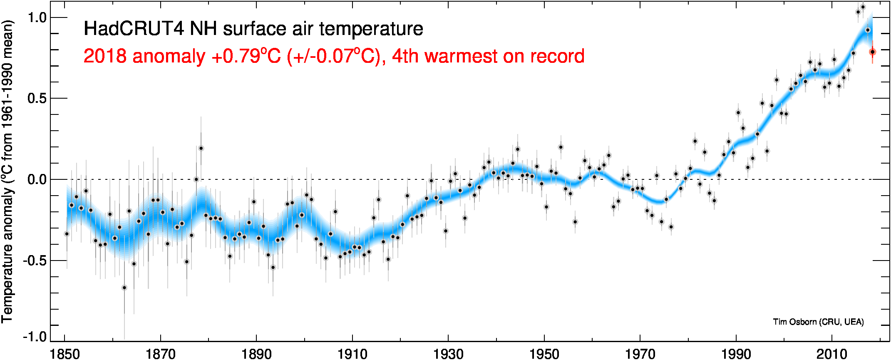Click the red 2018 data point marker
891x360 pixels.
(x=872, y=52)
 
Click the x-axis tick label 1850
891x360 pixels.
(x=65, y=354)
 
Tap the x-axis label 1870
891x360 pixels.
(x=161, y=354)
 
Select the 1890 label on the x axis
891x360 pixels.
(x=256, y=354)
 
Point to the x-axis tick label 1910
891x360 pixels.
(x=352, y=354)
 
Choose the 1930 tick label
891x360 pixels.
(x=448, y=354)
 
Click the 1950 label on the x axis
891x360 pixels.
(x=544, y=354)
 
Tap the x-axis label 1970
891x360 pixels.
(x=640, y=354)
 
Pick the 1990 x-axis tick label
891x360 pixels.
(x=736, y=354)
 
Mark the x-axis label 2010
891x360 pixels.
(x=832, y=354)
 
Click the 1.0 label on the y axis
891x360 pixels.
(x=37, y=18)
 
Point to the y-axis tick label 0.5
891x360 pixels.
(x=37, y=99)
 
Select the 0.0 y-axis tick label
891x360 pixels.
(x=37, y=180)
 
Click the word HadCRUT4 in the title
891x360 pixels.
(x=134, y=29)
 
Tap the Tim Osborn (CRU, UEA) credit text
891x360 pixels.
(x=818, y=322)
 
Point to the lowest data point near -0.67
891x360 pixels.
(x=124, y=288)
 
